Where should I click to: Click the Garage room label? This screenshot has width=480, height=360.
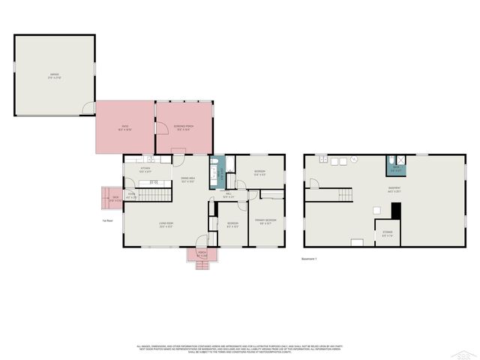coord(55,75)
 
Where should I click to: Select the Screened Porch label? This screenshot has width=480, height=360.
coord(184,126)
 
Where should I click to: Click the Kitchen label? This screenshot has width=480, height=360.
coord(145,169)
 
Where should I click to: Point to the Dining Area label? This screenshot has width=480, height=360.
coord(187,179)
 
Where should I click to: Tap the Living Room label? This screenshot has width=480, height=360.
coord(166,224)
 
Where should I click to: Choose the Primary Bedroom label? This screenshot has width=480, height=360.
coord(265,220)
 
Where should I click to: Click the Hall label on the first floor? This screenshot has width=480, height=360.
coord(229,195)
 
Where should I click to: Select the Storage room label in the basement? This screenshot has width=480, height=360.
coord(388,232)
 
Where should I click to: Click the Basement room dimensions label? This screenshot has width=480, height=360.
coord(394,189)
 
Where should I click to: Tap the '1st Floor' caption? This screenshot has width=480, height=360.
coord(108,220)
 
